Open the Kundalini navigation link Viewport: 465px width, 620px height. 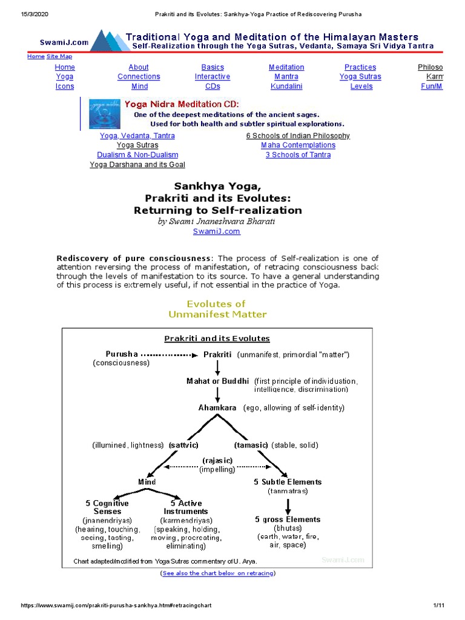click(x=286, y=86)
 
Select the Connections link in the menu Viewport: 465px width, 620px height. click(x=139, y=77)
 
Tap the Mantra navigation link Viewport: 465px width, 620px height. click(x=286, y=77)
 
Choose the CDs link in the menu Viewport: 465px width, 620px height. click(x=213, y=86)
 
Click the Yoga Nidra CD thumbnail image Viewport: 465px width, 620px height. click(x=104, y=113)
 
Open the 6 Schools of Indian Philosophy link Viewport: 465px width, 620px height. click(x=298, y=136)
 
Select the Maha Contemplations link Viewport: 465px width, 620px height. click(x=298, y=145)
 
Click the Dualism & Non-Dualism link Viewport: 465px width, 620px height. click(x=137, y=155)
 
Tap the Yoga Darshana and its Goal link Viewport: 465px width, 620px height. click(x=137, y=165)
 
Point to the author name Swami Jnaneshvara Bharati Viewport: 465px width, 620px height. click(x=217, y=222)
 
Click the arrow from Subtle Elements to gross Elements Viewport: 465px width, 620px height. click(x=288, y=506)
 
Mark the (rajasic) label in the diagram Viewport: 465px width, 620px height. click(x=217, y=461)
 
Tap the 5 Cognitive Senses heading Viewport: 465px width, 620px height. click(x=107, y=507)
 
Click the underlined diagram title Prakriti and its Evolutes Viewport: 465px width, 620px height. click(x=217, y=338)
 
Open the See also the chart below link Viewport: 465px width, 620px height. click(x=217, y=573)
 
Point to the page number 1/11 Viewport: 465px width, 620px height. click(x=439, y=605)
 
